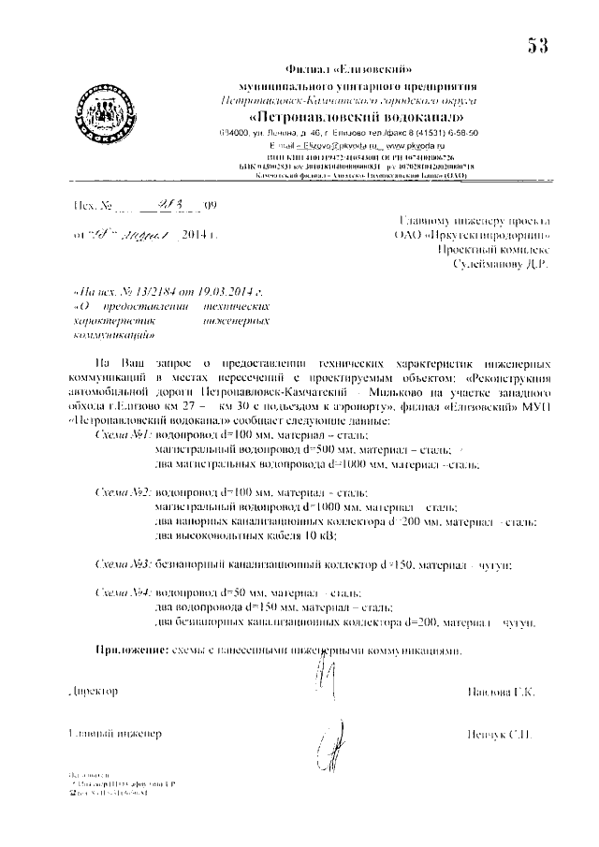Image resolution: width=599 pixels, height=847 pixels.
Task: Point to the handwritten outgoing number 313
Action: (200, 205)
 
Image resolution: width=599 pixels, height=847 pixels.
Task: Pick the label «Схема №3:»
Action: (125, 565)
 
